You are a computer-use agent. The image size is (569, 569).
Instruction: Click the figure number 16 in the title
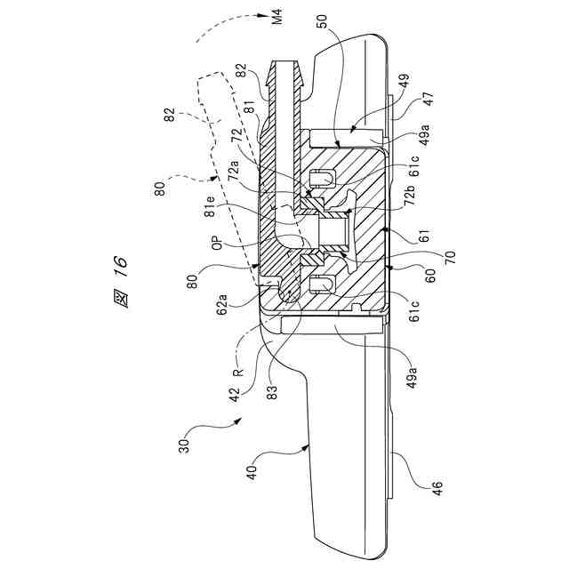pos(119,268)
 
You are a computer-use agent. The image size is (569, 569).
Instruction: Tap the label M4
pos(277,18)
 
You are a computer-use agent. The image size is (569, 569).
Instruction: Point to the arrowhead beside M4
pos(261,15)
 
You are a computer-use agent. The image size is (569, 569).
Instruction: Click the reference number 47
pos(429,99)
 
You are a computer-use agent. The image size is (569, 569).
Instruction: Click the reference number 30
pos(184,446)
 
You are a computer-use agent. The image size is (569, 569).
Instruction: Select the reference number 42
pos(234,395)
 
